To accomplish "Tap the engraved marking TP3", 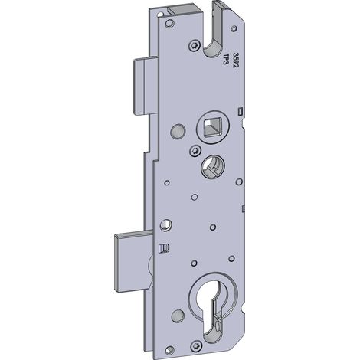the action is tap(226, 59).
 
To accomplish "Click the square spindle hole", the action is tap(212, 127).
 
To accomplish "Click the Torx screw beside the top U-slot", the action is tap(195, 46).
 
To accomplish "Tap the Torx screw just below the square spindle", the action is tap(195, 151).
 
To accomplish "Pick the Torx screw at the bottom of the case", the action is tap(196, 346).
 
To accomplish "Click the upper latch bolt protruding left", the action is tap(146, 86).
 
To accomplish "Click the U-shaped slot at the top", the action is tap(214, 31).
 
